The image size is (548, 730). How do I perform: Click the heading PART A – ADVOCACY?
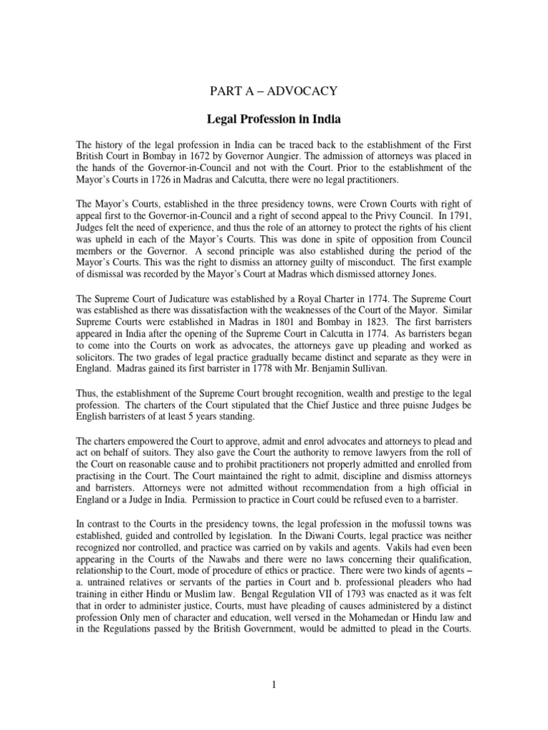[274, 90]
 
